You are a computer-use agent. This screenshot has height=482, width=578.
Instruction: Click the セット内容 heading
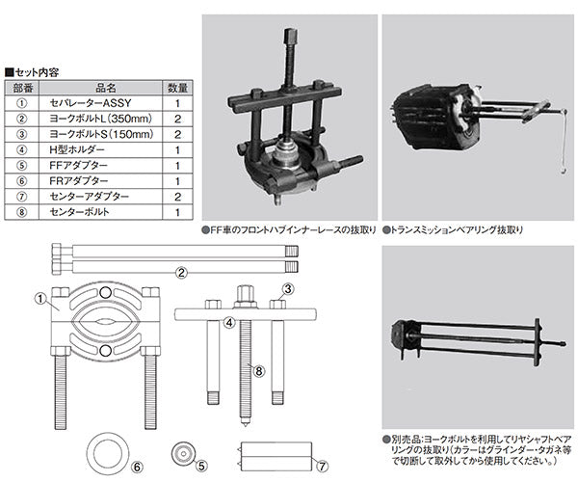[x=37, y=71]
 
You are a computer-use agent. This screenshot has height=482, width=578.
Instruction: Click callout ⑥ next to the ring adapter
[x=138, y=468]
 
